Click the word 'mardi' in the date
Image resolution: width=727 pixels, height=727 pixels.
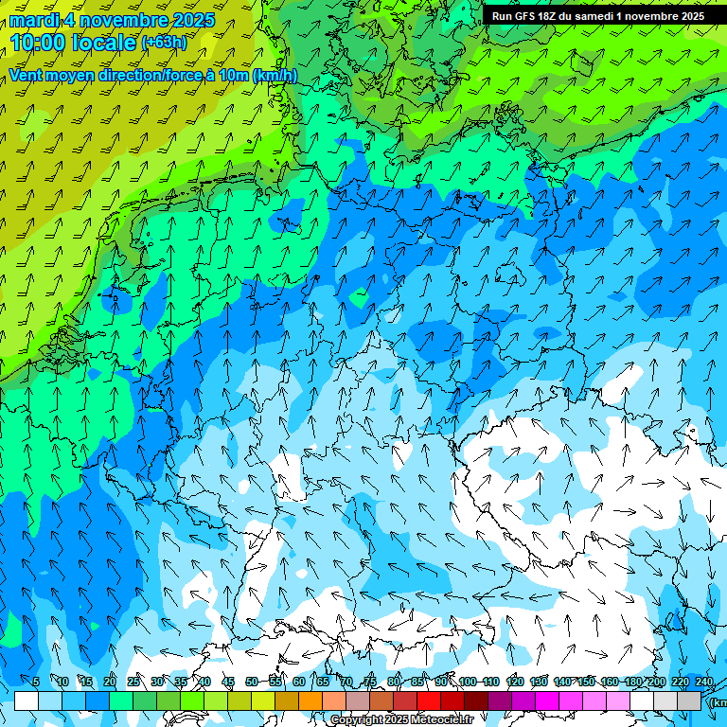coord(32,20)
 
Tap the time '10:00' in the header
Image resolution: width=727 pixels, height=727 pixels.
coord(40,42)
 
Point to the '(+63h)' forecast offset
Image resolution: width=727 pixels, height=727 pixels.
coord(164,43)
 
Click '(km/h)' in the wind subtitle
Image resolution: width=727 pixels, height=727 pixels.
coord(275,76)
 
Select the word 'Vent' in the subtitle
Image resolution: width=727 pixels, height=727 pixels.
coord(27,76)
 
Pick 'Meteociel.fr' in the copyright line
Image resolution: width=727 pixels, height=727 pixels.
coord(441,720)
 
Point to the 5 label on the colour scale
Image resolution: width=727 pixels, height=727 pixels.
coord(36,682)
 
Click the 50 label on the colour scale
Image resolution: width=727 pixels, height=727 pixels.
coord(251,682)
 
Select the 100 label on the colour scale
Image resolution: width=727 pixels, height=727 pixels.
coord(467,682)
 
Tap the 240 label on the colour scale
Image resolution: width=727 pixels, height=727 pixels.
coord(703,682)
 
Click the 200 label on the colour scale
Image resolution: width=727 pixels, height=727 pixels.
coord(656,682)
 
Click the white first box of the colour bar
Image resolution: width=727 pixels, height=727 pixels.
coord(27,701)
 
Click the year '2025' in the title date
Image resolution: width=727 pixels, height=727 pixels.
coord(191,20)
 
